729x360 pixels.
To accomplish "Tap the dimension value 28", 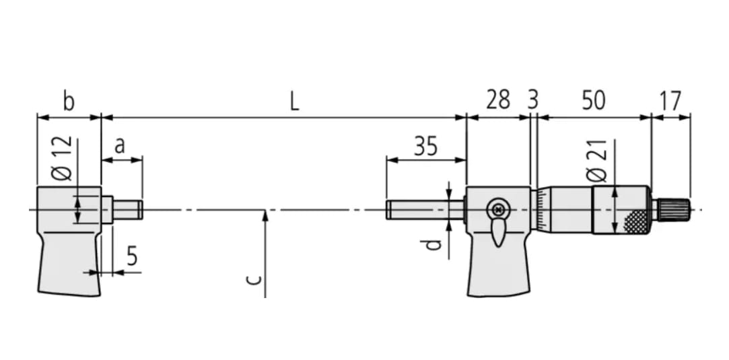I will coord(498,101).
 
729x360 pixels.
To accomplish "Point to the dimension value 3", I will coord(532,101).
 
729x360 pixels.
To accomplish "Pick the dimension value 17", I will coord(670,101).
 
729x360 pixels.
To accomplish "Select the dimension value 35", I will coord(425,146).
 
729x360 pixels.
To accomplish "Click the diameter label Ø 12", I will coord(62,159).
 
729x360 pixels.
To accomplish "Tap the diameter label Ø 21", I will coord(597,161).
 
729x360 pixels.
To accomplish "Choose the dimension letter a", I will coord(119,145).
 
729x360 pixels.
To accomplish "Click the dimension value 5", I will coord(132,257).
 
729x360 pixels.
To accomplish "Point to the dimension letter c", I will coord(252,279).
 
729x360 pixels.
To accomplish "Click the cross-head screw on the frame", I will coord(498,209).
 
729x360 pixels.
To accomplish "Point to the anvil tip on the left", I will coord(127,209).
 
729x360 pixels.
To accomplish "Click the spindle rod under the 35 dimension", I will coord(424,210).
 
